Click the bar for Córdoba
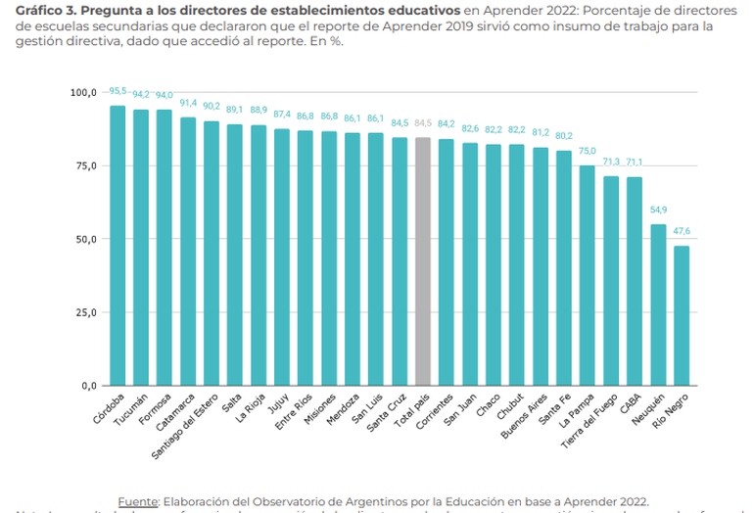coord(118,245)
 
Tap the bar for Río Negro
coord(682,315)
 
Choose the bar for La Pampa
coord(588,275)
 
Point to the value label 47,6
coord(682,231)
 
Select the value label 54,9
coord(658,210)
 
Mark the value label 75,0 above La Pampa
coord(588,151)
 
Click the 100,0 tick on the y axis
coord(84,92)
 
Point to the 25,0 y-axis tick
coord(86,312)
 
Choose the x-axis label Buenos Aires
coord(527,416)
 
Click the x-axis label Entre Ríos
coord(294,412)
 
